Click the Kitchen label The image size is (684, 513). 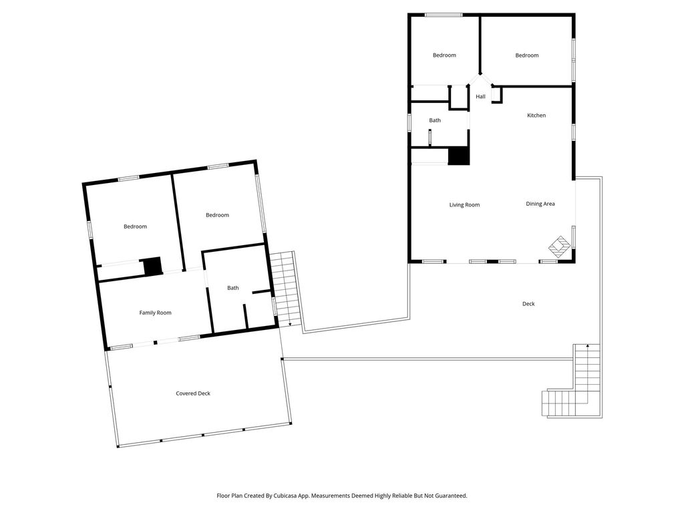pos(536,116)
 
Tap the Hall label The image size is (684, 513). pos(480,96)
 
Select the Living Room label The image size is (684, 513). pos(465,204)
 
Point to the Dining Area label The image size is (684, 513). pos(540,204)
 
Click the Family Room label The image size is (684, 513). pos(155,313)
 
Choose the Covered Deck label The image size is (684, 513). pos(193,393)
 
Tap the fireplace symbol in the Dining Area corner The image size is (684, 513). pos(559,246)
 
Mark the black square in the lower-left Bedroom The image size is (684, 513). pos(153,266)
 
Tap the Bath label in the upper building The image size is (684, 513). pos(435,120)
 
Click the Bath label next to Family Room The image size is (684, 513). pos(233,288)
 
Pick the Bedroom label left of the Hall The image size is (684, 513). pos(444,55)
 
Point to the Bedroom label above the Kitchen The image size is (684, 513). pos(527,55)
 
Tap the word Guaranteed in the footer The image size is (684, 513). pos(453,496)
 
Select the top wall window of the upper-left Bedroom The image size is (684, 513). pos(444,15)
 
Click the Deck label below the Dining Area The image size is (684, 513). pos(528,304)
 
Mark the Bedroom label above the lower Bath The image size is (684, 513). pos(217,215)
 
